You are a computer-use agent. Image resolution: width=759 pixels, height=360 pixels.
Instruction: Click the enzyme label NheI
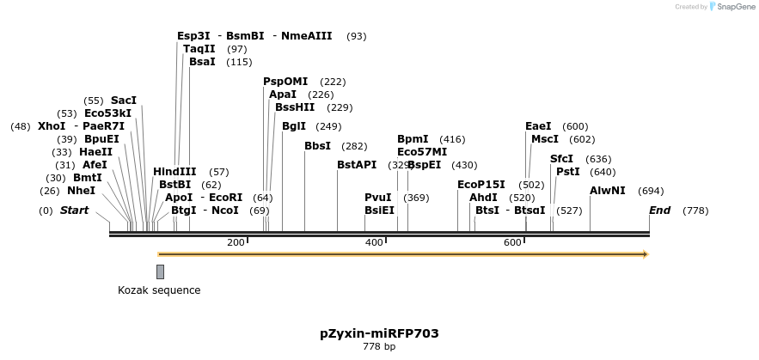[81, 191]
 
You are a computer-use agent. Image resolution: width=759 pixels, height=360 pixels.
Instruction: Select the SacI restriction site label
[124, 101]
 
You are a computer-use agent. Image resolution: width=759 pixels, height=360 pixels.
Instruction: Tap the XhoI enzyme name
[52, 126]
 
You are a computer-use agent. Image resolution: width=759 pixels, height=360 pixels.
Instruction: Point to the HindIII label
[174, 172]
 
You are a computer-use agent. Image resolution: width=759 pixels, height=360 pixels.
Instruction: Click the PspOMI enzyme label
[285, 82]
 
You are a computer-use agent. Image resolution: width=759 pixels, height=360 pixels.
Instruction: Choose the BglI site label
[294, 126]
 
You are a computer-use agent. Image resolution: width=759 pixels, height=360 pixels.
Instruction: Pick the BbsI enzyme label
[317, 146]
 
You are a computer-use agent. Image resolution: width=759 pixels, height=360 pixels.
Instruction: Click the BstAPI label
[357, 165]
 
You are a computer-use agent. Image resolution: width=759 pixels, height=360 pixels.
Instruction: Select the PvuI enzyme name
[378, 198]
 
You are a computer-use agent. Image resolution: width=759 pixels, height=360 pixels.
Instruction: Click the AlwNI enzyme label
[608, 191]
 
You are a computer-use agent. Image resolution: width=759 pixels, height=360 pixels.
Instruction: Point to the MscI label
[545, 139]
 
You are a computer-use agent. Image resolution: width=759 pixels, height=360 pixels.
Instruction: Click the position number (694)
[652, 191]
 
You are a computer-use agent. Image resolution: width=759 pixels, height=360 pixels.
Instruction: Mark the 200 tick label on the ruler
[236, 243]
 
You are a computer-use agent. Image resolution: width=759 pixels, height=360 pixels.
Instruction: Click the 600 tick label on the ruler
[512, 243]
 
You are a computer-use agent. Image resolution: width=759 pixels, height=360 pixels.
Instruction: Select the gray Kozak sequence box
[160, 272]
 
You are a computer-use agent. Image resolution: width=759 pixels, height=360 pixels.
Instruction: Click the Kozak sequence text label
[159, 290]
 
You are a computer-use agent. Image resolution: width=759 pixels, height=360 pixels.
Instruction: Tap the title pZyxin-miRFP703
[379, 333]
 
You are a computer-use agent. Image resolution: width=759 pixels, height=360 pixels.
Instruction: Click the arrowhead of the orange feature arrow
[645, 254]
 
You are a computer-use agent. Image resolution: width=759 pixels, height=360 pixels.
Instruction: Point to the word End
[659, 211]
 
